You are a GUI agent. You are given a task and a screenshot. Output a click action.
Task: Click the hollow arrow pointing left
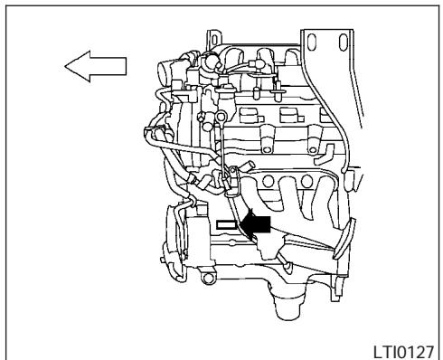(x=95, y=66)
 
